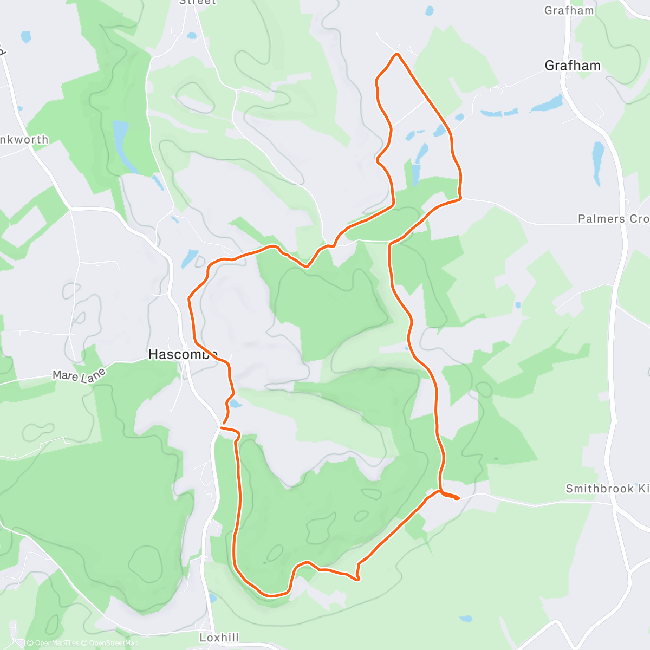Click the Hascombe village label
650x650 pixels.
coord(183,354)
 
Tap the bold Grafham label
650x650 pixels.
coord(573,66)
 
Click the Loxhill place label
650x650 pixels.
coord(219,638)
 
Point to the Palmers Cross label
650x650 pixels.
coord(613,219)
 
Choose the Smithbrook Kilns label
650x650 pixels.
coord(607,489)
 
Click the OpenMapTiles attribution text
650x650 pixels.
coord(53,643)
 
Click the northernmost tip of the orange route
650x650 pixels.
coord(398,54)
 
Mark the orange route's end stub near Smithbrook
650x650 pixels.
coord(458,498)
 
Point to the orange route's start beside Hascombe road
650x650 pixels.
coord(221,427)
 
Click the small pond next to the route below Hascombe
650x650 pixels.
coord(235,404)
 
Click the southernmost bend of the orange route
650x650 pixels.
coord(271,595)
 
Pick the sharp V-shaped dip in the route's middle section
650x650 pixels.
coord(307,266)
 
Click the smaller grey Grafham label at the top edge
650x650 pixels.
coord(569,10)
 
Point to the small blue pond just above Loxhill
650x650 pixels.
coord(212,598)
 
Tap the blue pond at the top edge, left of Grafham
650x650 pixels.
coord(430,10)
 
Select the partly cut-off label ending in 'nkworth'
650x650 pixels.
coord(24,140)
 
